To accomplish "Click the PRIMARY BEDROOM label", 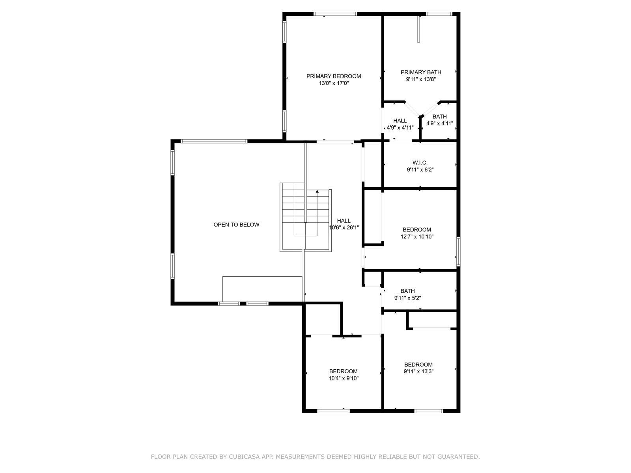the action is click(x=334, y=76).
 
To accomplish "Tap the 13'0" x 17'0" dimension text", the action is click(x=334, y=83).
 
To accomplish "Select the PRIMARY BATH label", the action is click(x=421, y=72).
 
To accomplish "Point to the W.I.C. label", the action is click(x=420, y=162).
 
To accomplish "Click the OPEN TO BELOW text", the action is click(x=236, y=225).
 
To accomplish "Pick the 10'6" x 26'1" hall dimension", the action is click(x=344, y=228).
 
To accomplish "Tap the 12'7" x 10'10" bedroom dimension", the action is click(x=417, y=236).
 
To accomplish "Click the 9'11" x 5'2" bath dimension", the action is click(x=407, y=298).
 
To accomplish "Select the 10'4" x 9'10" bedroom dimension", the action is click(x=344, y=378).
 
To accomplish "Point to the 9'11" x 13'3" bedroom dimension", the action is click(x=418, y=371).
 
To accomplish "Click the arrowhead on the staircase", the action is click(x=317, y=191).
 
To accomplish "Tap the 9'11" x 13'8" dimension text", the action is click(x=421, y=79).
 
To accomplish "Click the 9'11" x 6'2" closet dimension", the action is click(x=420, y=170).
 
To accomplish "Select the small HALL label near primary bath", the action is click(x=400, y=121).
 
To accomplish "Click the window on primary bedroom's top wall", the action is click(x=335, y=14).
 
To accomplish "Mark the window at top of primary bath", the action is click(x=439, y=14).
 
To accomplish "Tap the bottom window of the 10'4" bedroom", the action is click(x=334, y=411).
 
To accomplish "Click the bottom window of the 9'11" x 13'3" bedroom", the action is click(x=428, y=411).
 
